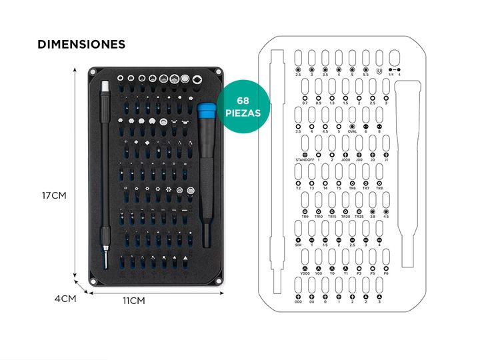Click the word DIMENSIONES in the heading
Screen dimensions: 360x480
[81, 45]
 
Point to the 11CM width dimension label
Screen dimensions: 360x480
[133, 301]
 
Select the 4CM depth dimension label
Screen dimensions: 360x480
[65, 299]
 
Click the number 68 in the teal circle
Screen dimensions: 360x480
[244, 101]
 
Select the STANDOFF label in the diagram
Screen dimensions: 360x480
[304, 160]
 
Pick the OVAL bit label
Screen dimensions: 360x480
[352, 131]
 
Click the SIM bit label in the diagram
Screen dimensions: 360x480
[298, 245]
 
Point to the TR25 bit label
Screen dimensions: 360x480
[359, 217]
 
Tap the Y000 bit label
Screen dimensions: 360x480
[305, 274]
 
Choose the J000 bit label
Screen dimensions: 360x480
[345, 160]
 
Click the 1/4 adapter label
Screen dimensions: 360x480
[391, 75]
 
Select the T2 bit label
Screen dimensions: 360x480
[298, 189]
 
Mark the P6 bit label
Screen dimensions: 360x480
[385, 274]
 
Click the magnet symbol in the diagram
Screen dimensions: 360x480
[379, 70]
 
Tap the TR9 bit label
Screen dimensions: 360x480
[305, 217]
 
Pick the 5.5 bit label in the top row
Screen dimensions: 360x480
[366, 75]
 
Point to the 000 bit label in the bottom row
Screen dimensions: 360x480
[298, 302]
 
